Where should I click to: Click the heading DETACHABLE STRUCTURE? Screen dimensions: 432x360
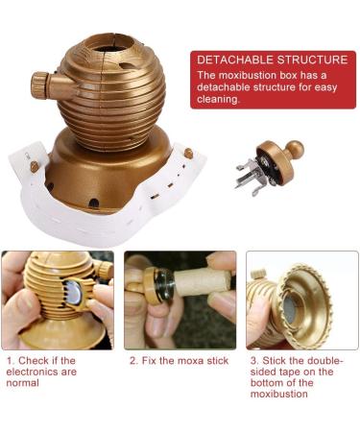click(272, 60)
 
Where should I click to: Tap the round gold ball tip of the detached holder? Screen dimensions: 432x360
click(294, 150)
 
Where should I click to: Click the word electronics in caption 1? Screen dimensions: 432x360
click(51, 372)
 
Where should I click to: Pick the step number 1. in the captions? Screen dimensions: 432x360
click(10, 361)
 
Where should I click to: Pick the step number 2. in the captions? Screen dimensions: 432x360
click(133, 361)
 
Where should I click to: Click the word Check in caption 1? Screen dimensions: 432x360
click(32, 361)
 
